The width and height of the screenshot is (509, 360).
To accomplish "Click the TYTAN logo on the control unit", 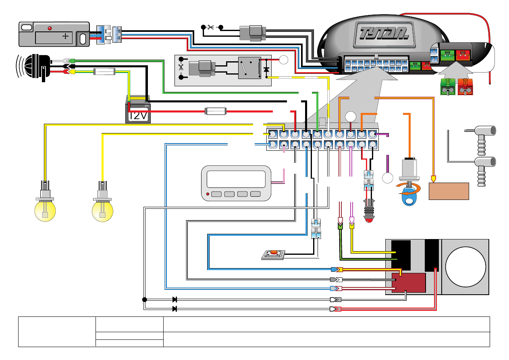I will [381, 32].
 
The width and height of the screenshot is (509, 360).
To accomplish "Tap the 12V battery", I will [138, 110].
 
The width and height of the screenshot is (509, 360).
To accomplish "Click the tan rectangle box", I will [449, 191].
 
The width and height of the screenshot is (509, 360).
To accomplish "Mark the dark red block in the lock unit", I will [409, 283].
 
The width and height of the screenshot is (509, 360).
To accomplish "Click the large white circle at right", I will [465, 267].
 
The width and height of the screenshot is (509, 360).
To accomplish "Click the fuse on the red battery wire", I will [216, 111].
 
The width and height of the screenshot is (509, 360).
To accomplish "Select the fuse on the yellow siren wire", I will [104, 72].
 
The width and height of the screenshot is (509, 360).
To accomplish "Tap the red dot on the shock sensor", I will [50, 28].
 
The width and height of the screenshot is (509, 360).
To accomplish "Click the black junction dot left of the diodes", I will [144, 300].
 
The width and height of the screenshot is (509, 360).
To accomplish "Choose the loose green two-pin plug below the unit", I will [447, 87].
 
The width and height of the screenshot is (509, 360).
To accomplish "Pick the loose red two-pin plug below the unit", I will [465, 87].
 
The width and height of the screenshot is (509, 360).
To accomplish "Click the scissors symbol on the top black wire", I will [210, 27].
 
